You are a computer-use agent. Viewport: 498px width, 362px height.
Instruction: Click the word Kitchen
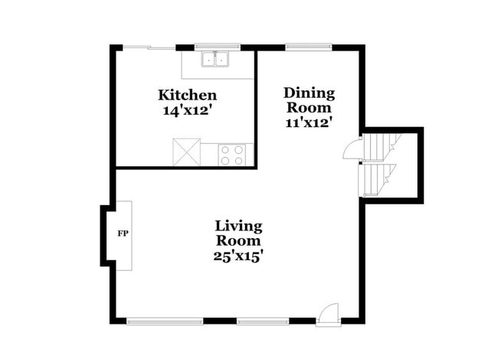tap(187, 96)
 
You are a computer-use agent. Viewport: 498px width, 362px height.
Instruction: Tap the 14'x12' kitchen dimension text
tap(187, 110)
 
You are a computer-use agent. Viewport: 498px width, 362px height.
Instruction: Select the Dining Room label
tap(310, 100)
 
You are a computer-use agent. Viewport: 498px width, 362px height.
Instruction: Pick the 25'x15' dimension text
tap(238, 256)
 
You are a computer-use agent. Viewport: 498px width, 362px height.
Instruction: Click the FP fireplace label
tap(122, 233)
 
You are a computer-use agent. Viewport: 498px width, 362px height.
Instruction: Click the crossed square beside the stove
tap(186, 152)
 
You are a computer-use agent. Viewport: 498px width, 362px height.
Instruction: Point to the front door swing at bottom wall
tap(327, 312)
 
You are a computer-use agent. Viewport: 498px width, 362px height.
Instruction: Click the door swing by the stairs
tap(351, 148)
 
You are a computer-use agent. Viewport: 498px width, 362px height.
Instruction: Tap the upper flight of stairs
tap(380, 145)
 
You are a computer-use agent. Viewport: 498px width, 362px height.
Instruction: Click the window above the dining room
tap(309, 47)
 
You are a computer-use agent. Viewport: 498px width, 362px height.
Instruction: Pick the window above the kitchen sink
tap(217, 47)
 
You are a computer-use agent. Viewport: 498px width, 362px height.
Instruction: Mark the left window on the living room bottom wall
tap(164, 320)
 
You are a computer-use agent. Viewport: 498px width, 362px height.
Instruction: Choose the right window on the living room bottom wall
tap(262, 320)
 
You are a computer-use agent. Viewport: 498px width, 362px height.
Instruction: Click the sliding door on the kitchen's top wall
tap(149, 47)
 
